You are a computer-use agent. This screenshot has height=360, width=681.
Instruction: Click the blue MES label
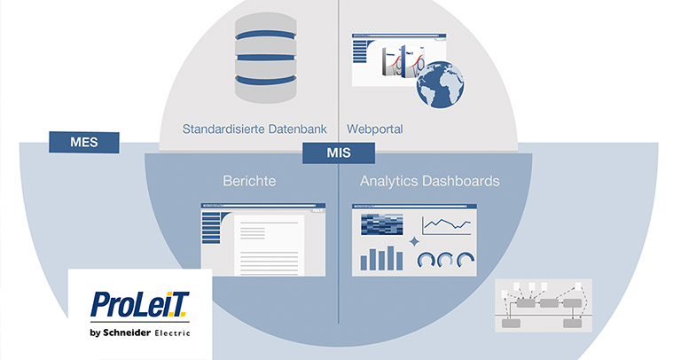coord(85,141)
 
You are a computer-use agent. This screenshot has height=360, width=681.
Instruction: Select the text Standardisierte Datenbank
coord(254,129)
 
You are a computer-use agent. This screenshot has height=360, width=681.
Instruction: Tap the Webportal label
coord(375,129)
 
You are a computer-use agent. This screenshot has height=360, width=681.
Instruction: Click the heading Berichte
coord(249,181)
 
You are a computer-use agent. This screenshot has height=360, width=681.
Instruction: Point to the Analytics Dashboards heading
coord(430,181)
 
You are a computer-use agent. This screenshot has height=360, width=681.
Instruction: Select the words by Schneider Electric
coord(140,333)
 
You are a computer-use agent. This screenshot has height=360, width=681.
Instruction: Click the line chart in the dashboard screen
coord(446,226)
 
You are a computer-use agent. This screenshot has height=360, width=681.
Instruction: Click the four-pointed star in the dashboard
coord(413,241)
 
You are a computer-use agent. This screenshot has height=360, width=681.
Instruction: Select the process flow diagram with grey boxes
coord(543,307)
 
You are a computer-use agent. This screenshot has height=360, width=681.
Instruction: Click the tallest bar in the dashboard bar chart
coord(387,257)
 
